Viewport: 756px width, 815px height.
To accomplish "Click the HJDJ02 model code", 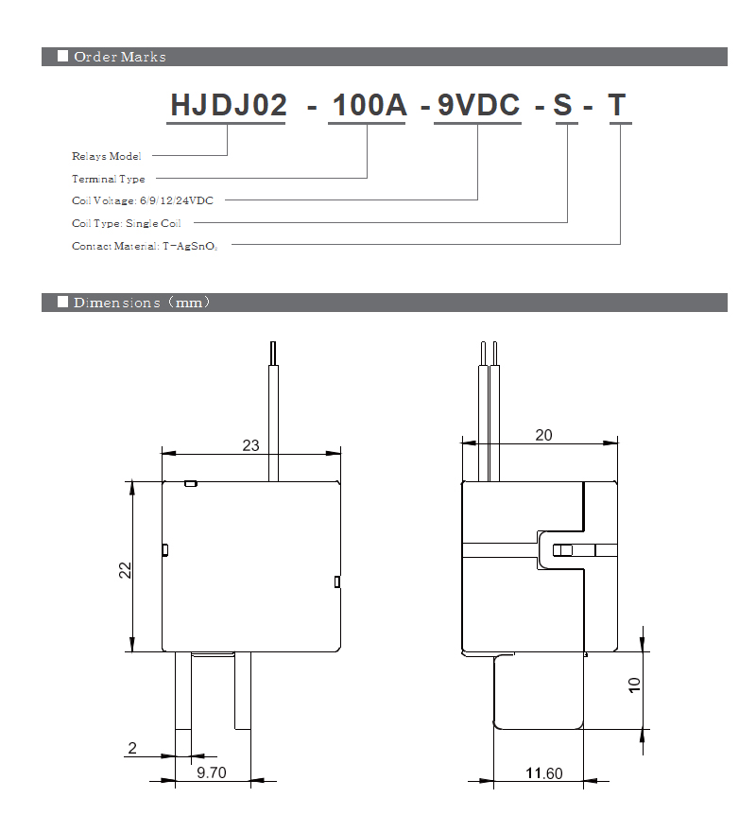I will coord(228,105).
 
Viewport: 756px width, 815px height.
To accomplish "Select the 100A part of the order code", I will coord(368,105).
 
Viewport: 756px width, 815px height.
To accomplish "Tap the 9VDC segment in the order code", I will coord(478,105).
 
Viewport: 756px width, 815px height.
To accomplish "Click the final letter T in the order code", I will coord(617,105).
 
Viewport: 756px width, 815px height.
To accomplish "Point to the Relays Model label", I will coord(107,156).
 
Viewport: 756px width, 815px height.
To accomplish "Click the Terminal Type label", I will coord(109,179).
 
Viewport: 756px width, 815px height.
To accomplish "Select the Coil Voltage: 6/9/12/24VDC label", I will coord(143,200).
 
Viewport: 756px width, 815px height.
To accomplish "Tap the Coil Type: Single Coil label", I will coord(127,223).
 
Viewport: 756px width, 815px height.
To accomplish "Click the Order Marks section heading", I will coord(119,57).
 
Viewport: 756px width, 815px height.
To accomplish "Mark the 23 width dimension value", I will coord(250,444).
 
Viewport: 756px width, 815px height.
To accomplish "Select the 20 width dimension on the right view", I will coord(543,435).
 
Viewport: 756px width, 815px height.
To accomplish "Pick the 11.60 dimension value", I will coord(543,773).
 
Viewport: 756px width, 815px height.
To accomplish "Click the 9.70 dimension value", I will coord(210,773).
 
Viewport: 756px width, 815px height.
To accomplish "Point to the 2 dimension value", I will coord(132,749).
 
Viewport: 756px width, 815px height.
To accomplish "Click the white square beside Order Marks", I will coord(62,57).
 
